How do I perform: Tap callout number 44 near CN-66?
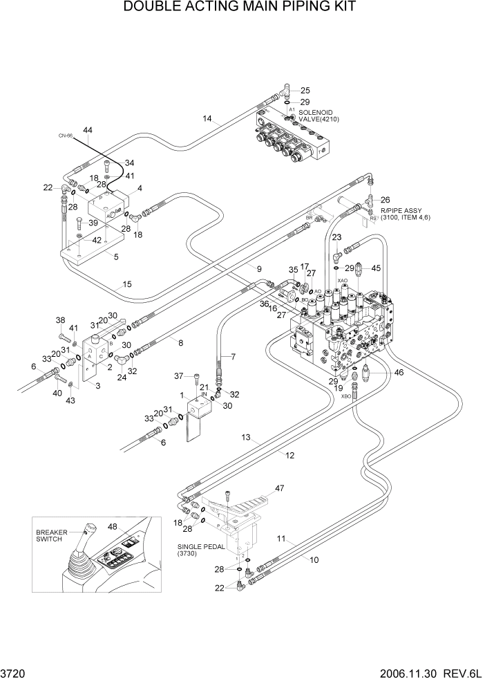(x=88, y=130)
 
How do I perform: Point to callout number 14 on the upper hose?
(x=207, y=119)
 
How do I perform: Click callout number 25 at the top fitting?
(x=305, y=90)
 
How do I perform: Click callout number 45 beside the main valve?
(x=376, y=268)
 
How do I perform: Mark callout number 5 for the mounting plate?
(x=115, y=257)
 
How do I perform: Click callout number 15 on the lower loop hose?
(x=127, y=284)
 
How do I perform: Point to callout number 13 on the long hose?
(x=245, y=438)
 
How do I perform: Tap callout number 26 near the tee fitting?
(x=386, y=200)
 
